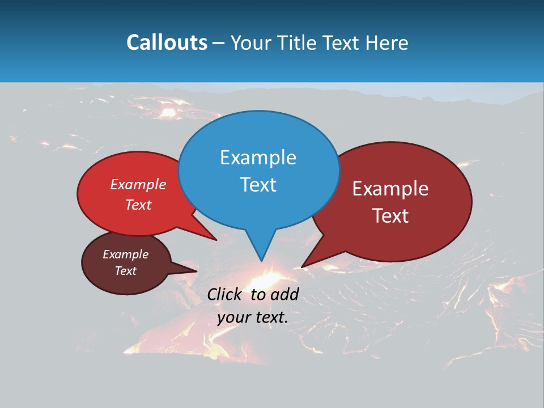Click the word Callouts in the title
tap(167, 42)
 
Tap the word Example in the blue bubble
tap(258, 158)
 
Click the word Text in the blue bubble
tap(258, 185)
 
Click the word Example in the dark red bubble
tap(390, 189)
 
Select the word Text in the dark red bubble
tap(390, 216)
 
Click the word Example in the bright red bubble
tap(138, 184)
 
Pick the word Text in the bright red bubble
tap(138, 205)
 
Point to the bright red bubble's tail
tap(213, 237)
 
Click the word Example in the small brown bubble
tap(125, 254)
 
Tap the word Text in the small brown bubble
tap(125, 271)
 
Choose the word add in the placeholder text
tap(284, 294)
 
